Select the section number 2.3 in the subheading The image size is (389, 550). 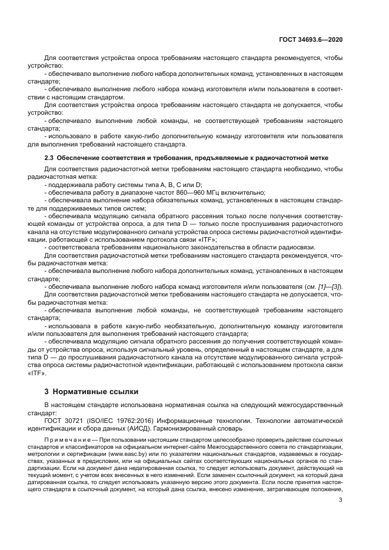[x=50, y=158]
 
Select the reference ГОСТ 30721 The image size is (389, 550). [x=65, y=421]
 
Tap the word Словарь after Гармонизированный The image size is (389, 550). [x=226, y=429]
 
